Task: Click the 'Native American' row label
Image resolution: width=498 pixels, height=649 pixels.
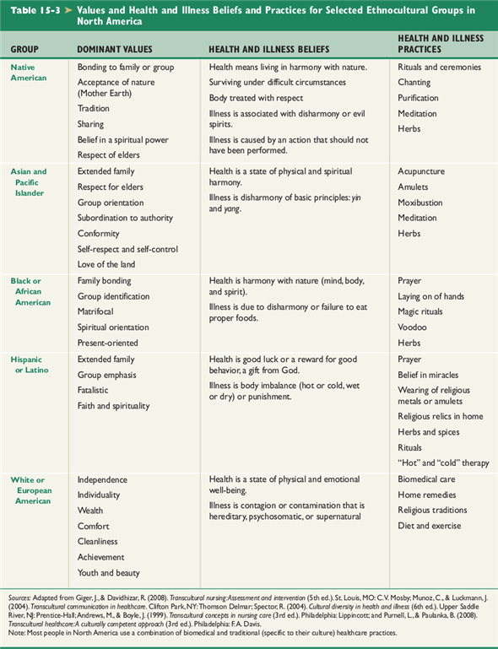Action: coord(29,72)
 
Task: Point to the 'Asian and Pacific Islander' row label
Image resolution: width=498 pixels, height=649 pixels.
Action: coord(29,181)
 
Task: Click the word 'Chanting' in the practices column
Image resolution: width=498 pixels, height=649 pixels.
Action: coord(414,83)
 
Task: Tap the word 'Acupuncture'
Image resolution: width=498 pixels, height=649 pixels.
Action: coord(421,171)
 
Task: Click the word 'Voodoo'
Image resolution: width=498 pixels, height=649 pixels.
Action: coord(413,327)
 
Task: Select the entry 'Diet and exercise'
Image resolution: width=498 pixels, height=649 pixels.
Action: coord(430,526)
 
